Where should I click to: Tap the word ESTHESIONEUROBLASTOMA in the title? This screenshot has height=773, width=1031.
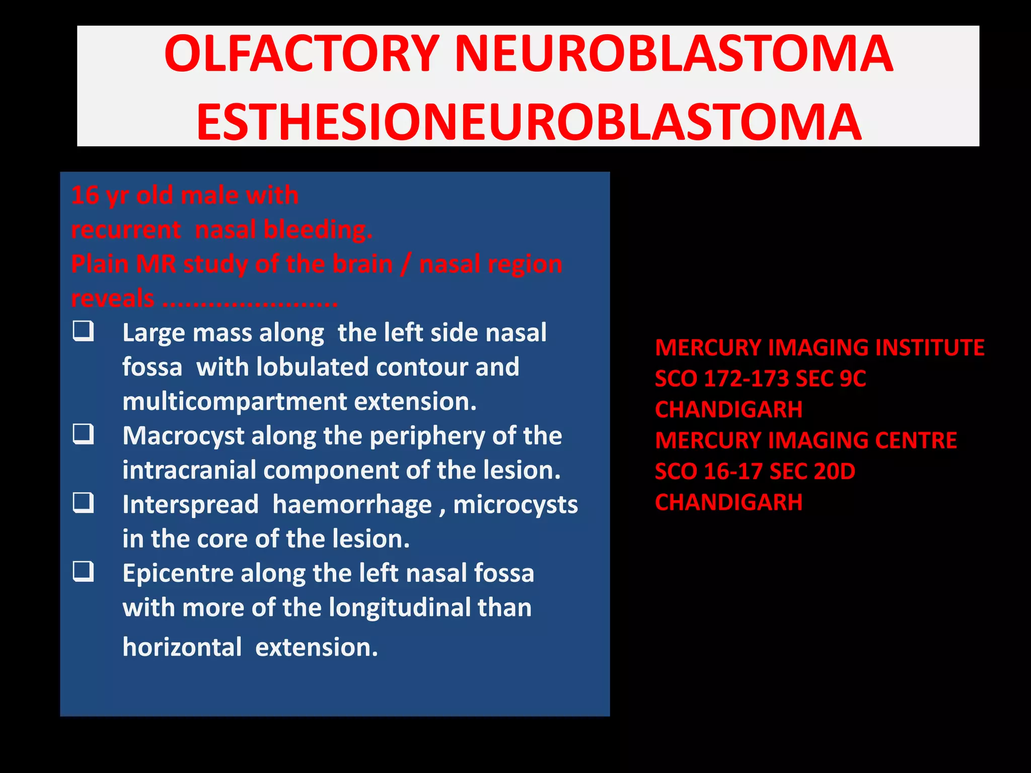click(529, 122)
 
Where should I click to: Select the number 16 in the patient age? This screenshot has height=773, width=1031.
click(85, 195)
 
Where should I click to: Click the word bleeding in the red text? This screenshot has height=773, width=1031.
click(318, 230)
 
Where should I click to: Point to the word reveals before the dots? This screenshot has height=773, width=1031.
click(113, 298)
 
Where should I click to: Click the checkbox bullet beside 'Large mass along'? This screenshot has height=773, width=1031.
click(83, 332)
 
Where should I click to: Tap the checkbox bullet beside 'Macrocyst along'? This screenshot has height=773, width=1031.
click(83, 434)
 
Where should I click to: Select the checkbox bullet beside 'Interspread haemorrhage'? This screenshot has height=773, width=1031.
click(83, 503)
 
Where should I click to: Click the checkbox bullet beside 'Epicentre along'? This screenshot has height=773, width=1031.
click(83, 572)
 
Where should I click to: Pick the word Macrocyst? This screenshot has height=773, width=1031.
click(183, 436)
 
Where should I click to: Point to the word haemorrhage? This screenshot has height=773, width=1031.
click(352, 505)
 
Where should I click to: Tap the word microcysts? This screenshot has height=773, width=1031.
click(515, 505)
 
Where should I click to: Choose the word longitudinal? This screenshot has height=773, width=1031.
click(400, 607)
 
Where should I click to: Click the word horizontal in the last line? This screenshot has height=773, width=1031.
click(182, 647)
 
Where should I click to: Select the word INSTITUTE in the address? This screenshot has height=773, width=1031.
click(929, 348)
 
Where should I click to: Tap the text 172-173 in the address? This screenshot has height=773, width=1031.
click(746, 379)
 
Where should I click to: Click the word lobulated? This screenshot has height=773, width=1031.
click(312, 367)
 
